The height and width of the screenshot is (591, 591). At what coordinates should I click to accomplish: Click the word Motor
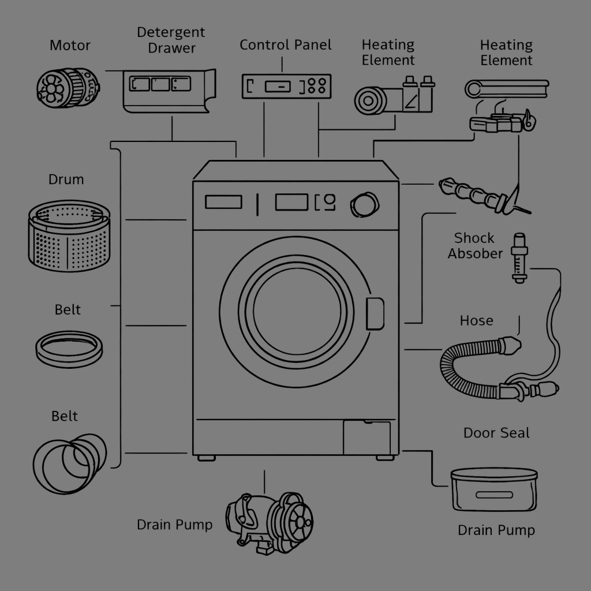tap(70, 45)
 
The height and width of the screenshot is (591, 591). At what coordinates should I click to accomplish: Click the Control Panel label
tap(286, 45)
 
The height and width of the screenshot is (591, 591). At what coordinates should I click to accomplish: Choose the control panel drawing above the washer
tap(286, 86)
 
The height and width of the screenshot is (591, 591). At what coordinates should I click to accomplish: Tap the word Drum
tap(66, 179)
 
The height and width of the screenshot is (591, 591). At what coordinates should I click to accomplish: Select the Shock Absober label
tap(474, 245)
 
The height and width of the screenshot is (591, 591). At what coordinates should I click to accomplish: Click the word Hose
tap(476, 320)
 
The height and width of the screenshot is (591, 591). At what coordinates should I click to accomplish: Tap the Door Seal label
tap(496, 433)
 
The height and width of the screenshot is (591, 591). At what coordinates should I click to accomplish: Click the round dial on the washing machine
tap(364, 204)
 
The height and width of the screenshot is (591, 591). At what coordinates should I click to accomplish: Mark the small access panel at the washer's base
tap(366, 437)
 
